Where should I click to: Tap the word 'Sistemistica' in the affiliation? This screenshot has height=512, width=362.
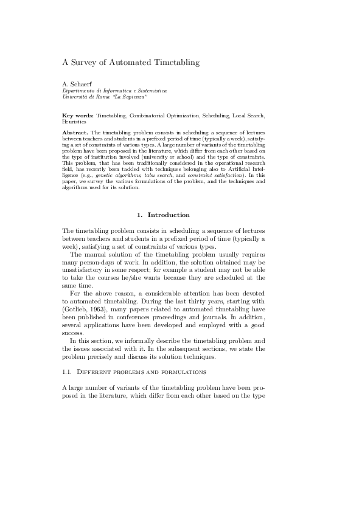(150, 91)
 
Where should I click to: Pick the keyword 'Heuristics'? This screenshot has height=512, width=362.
(75, 122)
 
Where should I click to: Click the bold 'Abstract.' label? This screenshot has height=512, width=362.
(75, 131)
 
